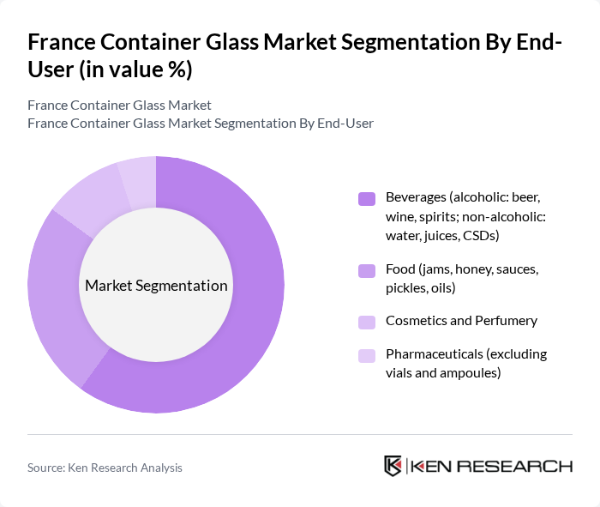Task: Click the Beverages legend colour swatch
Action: (x=367, y=199)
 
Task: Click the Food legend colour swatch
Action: (x=367, y=271)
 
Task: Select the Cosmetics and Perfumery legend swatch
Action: (x=367, y=322)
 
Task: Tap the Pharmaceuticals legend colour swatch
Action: (x=367, y=355)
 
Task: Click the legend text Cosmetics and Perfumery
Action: (x=461, y=321)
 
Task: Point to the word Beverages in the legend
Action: (x=417, y=197)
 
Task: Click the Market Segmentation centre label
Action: (x=156, y=286)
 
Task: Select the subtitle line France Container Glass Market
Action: (x=119, y=106)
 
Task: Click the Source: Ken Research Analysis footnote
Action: (x=105, y=468)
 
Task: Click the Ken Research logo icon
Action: (x=393, y=466)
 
